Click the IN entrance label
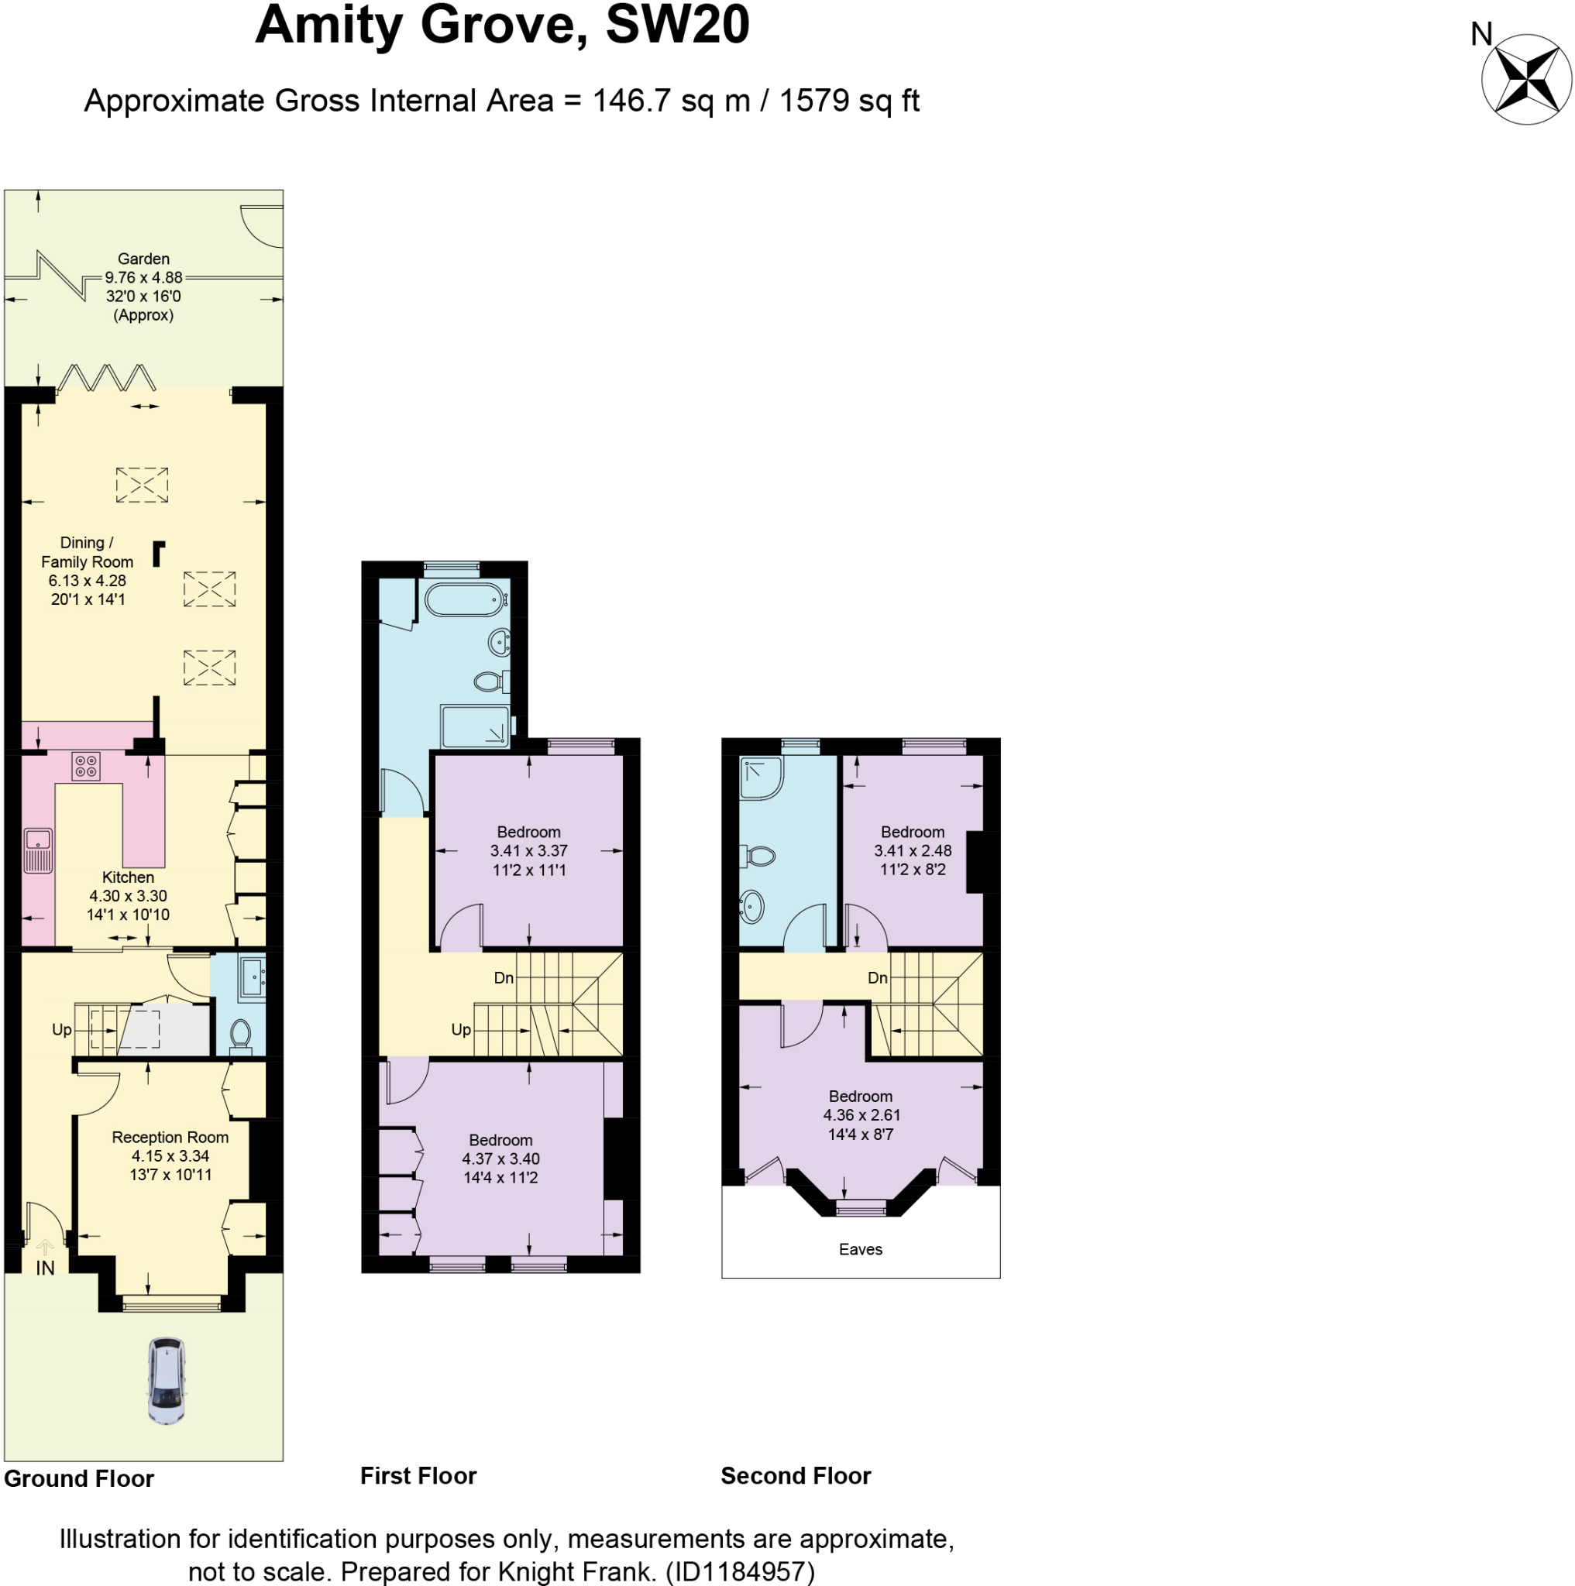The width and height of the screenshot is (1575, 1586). pos(45,1268)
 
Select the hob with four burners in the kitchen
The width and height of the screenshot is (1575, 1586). pos(86,767)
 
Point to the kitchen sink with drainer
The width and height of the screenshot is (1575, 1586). pos(38,851)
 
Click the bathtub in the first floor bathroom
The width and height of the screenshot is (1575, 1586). pos(465,599)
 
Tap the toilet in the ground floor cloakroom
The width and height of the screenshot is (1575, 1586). pos(241,1036)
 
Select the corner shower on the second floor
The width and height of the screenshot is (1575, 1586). pos(761,778)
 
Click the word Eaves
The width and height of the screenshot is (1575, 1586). pos(861,1249)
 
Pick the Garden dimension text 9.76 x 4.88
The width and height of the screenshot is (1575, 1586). pos(143,277)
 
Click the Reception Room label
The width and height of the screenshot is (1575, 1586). pos(170,1137)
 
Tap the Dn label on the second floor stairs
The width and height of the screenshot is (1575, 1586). pos(877,978)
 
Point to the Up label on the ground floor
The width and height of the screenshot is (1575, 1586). pos(61,1029)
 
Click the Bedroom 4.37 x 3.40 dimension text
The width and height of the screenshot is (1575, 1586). pos(500,1159)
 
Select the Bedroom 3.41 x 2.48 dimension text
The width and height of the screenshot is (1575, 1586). pos(913,850)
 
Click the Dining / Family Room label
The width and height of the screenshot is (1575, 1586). pos(87,551)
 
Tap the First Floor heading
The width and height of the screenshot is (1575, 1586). pos(418,1476)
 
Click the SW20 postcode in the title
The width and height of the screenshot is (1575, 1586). pos(676,25)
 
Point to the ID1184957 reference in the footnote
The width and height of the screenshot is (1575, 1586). pos(740,1571)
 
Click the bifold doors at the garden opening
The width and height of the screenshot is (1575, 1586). pos(107,378)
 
